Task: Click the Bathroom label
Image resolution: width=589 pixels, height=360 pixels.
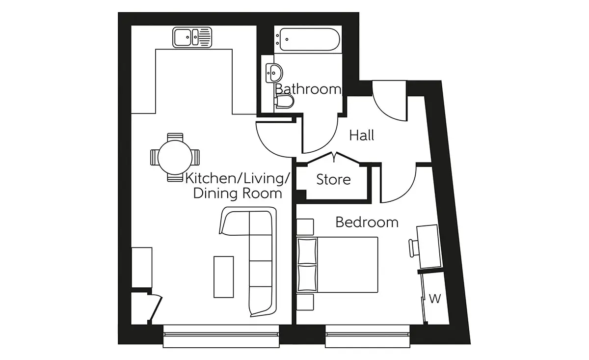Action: click(308, 89)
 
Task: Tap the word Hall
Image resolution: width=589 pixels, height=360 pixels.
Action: click(362, 135)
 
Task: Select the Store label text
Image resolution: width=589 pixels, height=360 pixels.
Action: click(333, 179)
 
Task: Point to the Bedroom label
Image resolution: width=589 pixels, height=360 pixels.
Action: click(367, 222)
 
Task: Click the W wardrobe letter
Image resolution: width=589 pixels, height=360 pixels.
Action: click(435, 299)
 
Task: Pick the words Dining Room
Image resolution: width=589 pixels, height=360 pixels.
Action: click(238, 193)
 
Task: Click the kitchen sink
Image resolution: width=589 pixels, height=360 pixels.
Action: click(192, 37)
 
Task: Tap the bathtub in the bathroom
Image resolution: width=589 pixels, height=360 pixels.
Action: click(308, 39)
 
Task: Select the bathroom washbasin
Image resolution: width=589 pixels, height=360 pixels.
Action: click(274, 73)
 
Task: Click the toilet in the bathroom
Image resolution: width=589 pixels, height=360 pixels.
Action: click(284, 101)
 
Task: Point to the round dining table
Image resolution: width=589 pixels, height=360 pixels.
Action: click(175, 157)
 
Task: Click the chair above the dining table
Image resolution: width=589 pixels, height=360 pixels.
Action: click(175, 137)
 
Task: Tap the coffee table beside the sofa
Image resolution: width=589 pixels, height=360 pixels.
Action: click(223, 277)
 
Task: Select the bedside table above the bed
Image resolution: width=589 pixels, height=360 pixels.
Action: click(305, 226)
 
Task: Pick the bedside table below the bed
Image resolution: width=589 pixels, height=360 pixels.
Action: click(305, 302)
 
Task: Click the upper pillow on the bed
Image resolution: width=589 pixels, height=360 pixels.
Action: click(307, 251)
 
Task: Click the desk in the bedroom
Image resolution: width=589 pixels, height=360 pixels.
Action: click(428, 247)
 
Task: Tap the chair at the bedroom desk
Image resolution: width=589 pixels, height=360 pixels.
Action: click(413, 248)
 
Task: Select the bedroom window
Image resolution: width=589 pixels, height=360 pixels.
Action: click(368, 336)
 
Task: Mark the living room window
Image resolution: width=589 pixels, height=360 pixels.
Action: click(221, 336)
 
